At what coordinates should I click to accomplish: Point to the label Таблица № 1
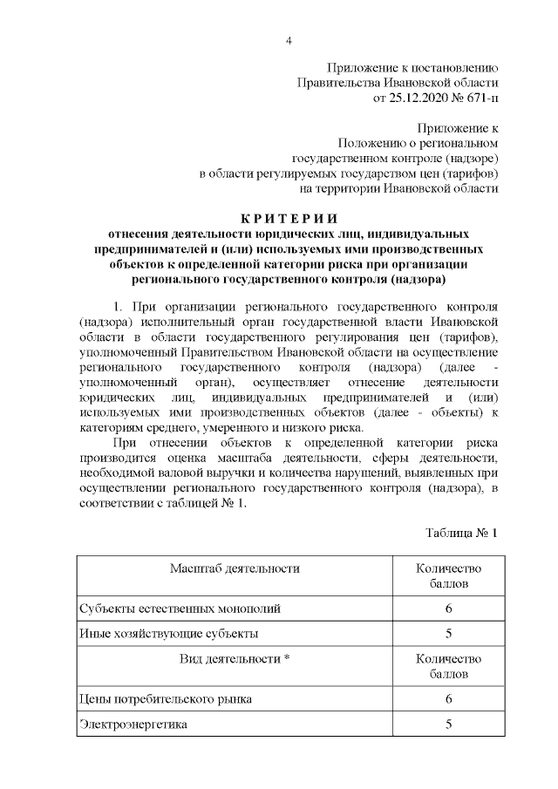coord(461,532)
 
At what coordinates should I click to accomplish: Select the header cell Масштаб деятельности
coord(235,568)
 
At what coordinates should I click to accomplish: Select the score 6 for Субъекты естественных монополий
coord(448,609)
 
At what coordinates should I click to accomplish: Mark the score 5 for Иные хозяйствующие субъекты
coord(448,633)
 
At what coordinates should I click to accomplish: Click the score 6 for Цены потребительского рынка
coord(448,699)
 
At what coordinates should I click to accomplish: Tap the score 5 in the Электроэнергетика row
coord(448,724)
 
